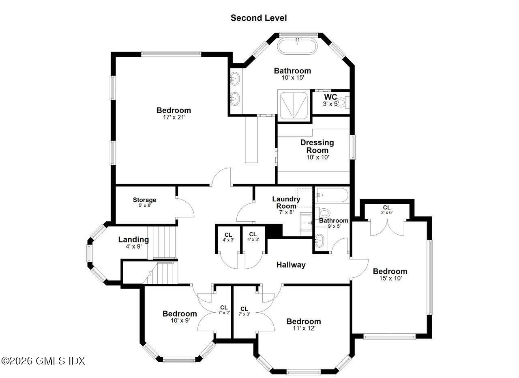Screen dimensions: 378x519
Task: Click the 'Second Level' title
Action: [x=259, y=18]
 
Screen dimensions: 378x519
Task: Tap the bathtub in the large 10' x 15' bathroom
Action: [x=298, y=46]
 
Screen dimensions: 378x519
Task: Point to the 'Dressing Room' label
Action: [x=317, y=146]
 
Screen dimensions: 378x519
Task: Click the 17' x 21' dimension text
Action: [x=174, y=118]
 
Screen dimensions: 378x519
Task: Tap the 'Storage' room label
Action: [x=144, y=200]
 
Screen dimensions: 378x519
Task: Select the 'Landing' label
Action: [x=133, y=240]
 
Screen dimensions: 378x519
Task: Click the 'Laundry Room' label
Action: [x=286, y=202]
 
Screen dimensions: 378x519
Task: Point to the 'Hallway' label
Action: [x=291, y=265]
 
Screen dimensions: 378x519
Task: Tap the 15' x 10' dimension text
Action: [x=390, y=279]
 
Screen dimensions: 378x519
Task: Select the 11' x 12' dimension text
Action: [x=303, y=328]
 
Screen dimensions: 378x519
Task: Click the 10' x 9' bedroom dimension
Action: [x=180, y=320]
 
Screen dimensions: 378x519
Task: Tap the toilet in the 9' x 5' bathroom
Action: [x=324, y=213]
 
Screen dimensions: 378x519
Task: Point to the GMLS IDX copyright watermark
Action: [x=43, y=361]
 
